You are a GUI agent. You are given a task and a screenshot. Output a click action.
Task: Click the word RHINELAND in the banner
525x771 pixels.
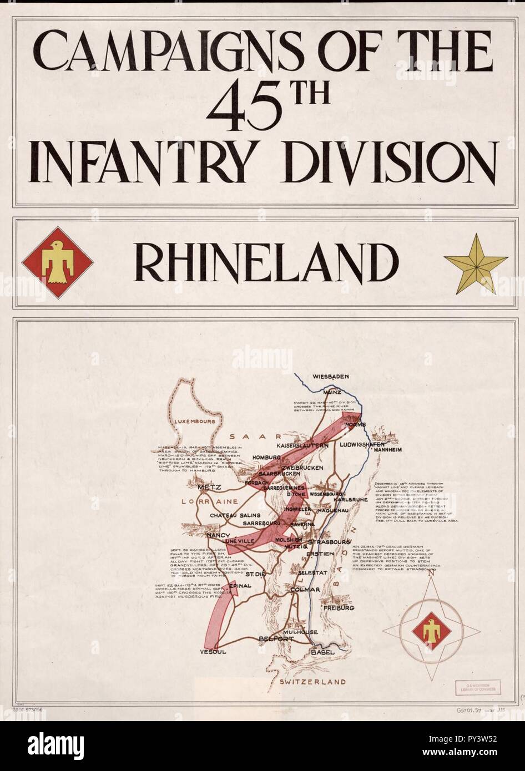266,262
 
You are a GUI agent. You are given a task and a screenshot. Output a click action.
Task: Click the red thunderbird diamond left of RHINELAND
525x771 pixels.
57,263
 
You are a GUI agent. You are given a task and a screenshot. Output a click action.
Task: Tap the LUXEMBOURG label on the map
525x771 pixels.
194,422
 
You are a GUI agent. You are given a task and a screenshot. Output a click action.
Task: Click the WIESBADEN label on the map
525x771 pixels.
331,377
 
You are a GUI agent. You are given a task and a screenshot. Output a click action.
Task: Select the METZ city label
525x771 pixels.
209,488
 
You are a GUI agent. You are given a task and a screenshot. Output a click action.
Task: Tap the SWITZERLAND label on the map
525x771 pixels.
312,682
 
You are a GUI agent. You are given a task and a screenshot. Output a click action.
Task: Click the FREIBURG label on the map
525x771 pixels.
338,608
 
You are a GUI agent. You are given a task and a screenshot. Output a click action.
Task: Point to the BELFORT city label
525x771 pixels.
276,639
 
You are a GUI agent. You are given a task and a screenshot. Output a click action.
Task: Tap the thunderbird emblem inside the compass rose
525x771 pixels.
432,631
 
